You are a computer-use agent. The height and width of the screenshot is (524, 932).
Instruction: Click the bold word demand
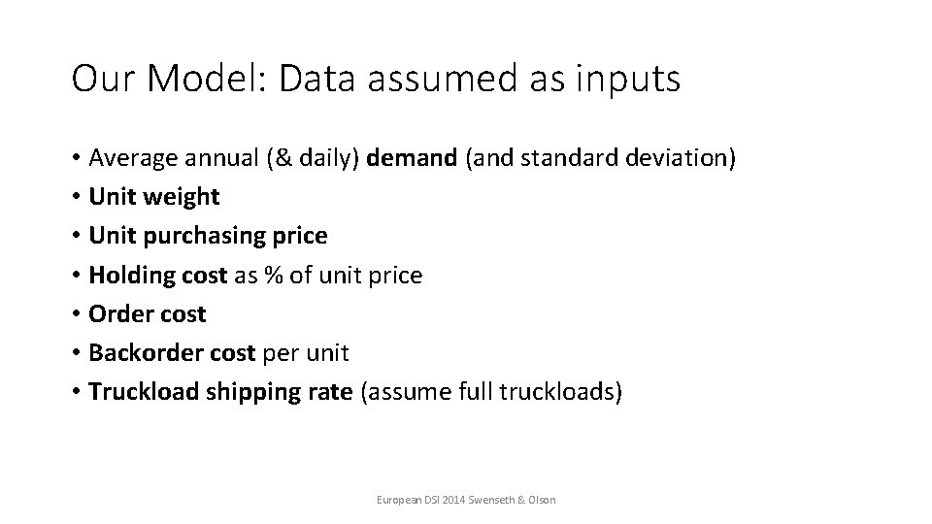414,157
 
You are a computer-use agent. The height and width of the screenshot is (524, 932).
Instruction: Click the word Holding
127,275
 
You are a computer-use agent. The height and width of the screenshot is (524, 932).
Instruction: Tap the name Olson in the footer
541,500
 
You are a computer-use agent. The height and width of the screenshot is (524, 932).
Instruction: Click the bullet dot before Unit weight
76,197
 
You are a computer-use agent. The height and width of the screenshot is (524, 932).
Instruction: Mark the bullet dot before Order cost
76,313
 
